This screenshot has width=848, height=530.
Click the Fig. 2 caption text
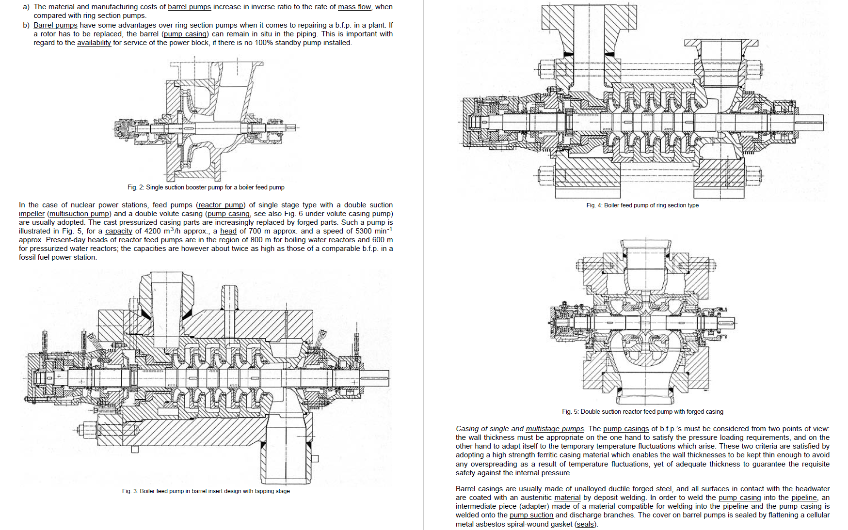[206, 187]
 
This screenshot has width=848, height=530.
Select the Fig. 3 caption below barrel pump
[206, 491]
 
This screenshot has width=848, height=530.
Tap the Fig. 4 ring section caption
[642, 205]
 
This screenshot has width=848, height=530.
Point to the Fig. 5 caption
[642, 412]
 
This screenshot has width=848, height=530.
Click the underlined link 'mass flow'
[354, 7]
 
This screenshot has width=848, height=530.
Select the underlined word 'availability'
[94, 43]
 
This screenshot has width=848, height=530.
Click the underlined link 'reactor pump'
[221, 205]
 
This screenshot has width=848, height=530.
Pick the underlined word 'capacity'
[118, 231]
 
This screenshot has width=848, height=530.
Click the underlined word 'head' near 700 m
[228, 231]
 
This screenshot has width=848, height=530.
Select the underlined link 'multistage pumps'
[555, 429]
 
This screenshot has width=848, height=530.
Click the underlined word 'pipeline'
[804, 498]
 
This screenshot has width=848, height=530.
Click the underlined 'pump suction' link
[531, 515]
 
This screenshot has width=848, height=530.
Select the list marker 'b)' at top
[26, 25]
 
